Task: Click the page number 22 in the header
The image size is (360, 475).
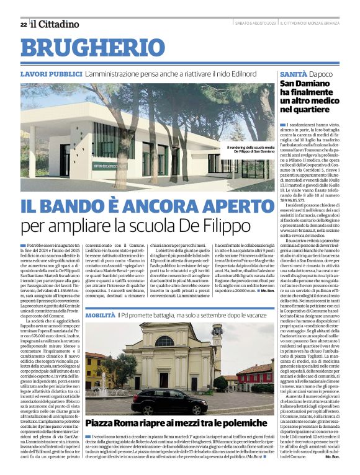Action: [x=23, y=24]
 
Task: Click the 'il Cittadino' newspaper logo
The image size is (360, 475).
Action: [x=56, y=24]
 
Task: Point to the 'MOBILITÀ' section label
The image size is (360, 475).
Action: [x=100, y=316]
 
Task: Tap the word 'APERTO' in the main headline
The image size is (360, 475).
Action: [x=221, y=206]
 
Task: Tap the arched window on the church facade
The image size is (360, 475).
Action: [x=164, y=342]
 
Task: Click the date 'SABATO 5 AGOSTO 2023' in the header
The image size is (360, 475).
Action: [x=254, y=24]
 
